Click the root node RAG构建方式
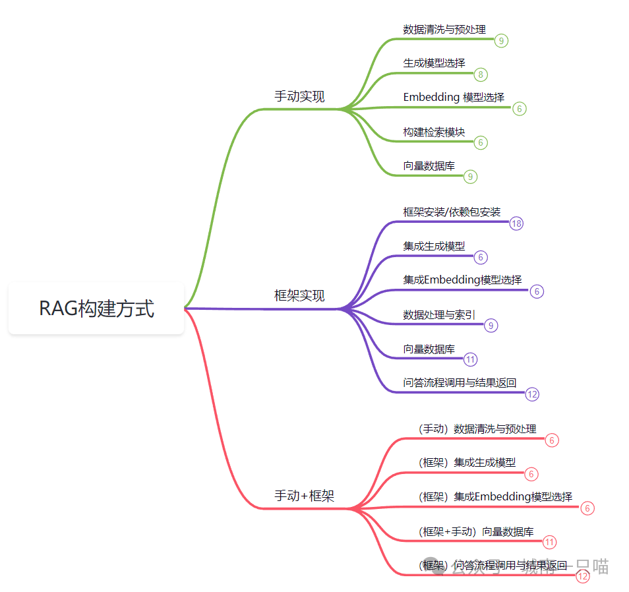(x=96, y=309)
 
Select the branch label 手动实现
(x=299, y=97)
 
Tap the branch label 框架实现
(x=299, y=295)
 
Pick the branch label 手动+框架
(x=304, y=496)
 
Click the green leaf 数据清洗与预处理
(x=444, y=30)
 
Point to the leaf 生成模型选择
(x=434, y=63)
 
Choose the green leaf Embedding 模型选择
(x=454, y=97)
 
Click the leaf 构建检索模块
(x=434, y=132)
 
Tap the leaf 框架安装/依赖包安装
(x=452, y=212)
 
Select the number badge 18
(x=516, y=223)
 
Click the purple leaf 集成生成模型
(x=434, y=246)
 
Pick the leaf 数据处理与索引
(x=439, y=315)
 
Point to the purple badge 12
(x=533, y=394)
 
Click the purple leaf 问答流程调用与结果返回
(x=460, y=382)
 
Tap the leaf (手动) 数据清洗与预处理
(x=477, y=429)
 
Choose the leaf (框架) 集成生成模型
(x=467, y=463)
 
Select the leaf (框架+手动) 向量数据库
(x=476, y=531)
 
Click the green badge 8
(x=481, y=74)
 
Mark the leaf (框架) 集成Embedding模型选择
(x=495, y=497)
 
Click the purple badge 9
(x=491, y=325)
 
